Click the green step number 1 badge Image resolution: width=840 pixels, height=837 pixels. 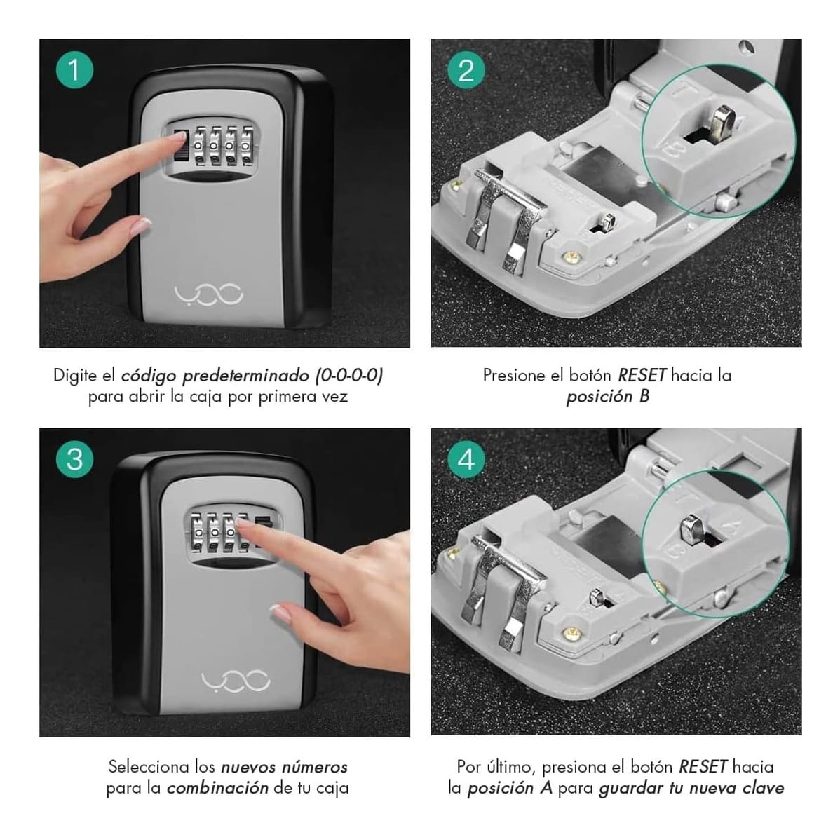[x=74, y=70]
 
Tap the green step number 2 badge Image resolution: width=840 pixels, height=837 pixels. [x=466, y=70]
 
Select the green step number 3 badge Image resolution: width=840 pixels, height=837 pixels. [x=74, y=461]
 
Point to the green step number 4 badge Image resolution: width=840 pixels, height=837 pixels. [x=466, y=461]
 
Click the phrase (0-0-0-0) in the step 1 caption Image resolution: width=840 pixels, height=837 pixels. [x=348, y=375]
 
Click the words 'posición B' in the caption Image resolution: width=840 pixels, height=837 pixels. [x=607, y=397]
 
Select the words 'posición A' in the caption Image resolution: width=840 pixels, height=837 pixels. [x=510, y=788]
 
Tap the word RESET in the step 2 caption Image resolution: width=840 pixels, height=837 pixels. [x=642, y=375]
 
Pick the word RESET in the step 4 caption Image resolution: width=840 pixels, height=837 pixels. [x=703, y=766]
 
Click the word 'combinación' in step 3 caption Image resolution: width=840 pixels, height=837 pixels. [x=217, y=788]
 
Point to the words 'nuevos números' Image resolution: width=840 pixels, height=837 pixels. [x=284, y=766]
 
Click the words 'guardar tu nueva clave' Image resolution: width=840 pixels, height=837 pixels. [x=691, y=788]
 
